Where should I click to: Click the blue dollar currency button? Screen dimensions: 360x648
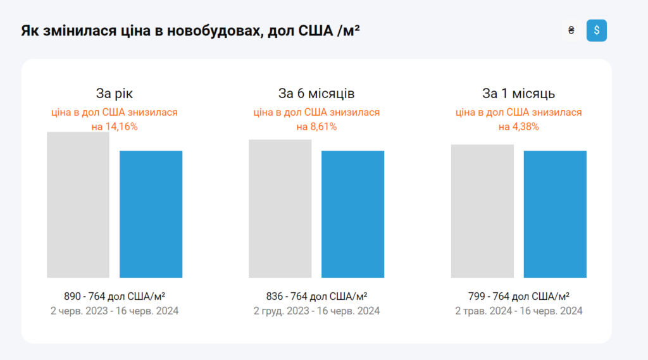(596, 30)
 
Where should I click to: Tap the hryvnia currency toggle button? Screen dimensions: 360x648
(571, 30)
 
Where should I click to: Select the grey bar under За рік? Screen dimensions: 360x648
(78, 205)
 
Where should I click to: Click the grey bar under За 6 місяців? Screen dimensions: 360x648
(280, 208)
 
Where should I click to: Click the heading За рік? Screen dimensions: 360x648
(115, 94)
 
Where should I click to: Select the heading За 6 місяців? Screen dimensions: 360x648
(316, 94)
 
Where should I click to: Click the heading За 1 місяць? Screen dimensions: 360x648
(519, 94)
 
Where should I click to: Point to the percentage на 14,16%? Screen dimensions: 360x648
(115, 127)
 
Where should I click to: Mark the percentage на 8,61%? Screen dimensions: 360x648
(316, 127)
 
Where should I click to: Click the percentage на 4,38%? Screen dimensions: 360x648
(519, 127)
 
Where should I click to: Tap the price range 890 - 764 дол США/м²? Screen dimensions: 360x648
(115, 296)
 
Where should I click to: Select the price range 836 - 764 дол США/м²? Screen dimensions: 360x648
(316, 296)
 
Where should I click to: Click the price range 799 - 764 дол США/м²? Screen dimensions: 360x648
(519, 296)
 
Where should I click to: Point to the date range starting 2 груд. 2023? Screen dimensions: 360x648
(316, 311)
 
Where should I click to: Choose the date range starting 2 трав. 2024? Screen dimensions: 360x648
(519, 311)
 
